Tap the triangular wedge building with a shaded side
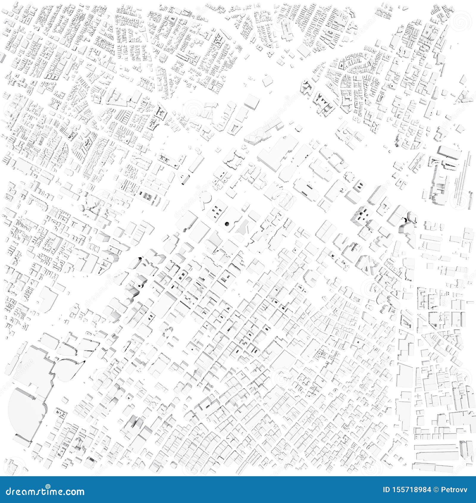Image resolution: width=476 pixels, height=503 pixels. (184, 178)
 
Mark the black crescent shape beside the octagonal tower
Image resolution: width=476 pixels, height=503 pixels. (405, 220)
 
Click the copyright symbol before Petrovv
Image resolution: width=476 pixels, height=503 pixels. (436, 490)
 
